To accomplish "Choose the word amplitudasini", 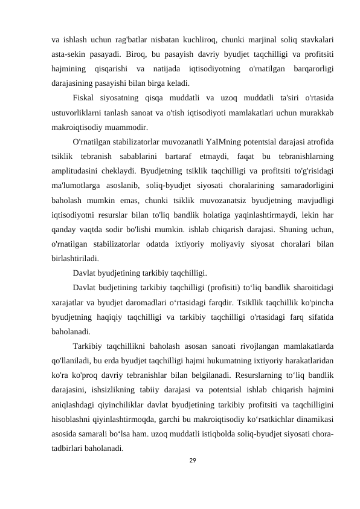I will click(76, 170).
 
